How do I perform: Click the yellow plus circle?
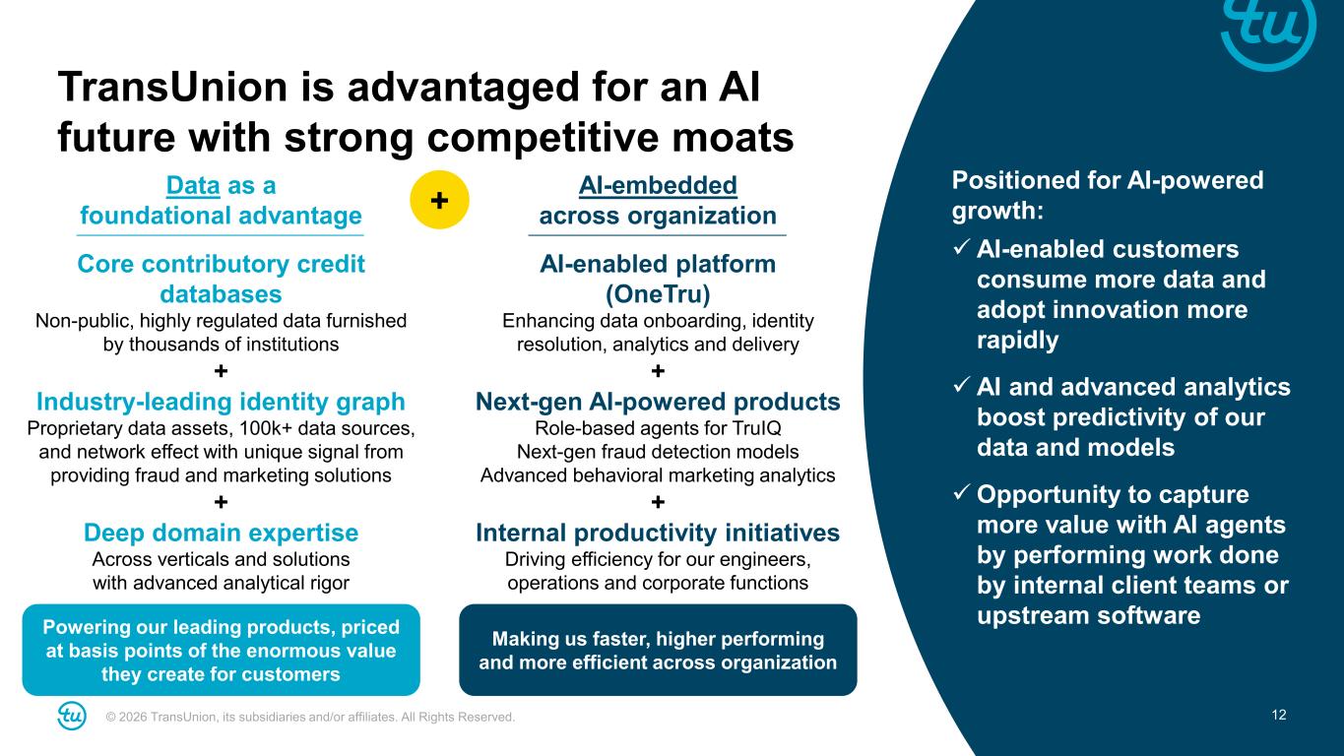pyautogui.click(x=439, y=200)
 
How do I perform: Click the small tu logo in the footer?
pyautogui.click(x=72, y=716)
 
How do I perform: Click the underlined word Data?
pyautogui.click(x=193, y=185)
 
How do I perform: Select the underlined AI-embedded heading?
pyautogui.click(x=657, y=185)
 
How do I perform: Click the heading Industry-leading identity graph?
pyautogui.click(x=221, y=402)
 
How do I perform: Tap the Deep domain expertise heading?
pyautogui.click(x=221, y=533)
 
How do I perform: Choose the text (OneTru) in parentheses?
pyautogui.click(x=658, y=294)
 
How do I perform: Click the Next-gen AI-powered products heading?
pyautogui.click(x=658, y=402)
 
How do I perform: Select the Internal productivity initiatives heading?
pyautogui.click(x=658, y=533)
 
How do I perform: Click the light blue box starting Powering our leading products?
pyautogui.click(x=222, y=650)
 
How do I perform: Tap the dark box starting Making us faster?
pyautogui.click(x=658, y=650)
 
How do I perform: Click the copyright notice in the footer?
pyautogui.click(x=310, y=717)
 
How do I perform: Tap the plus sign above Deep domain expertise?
pyautogui.click(x=221, y=503)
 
